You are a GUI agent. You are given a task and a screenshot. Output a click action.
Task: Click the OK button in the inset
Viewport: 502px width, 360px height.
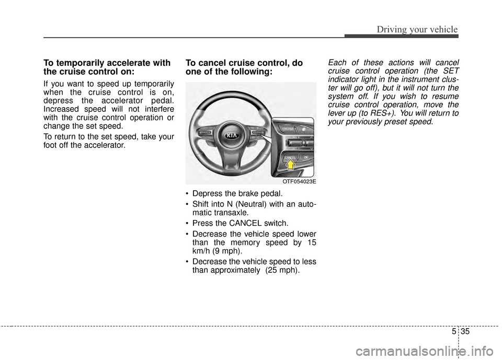[x=305, y=157]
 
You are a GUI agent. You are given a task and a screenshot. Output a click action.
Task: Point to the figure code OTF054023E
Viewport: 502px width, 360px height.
[x=299, y=181]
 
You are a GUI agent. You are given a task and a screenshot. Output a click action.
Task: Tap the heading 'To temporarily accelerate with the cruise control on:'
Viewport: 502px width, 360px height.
[x=107, y=67]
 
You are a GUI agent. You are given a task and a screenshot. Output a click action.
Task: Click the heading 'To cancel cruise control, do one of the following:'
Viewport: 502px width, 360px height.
[x=244, y=67]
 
